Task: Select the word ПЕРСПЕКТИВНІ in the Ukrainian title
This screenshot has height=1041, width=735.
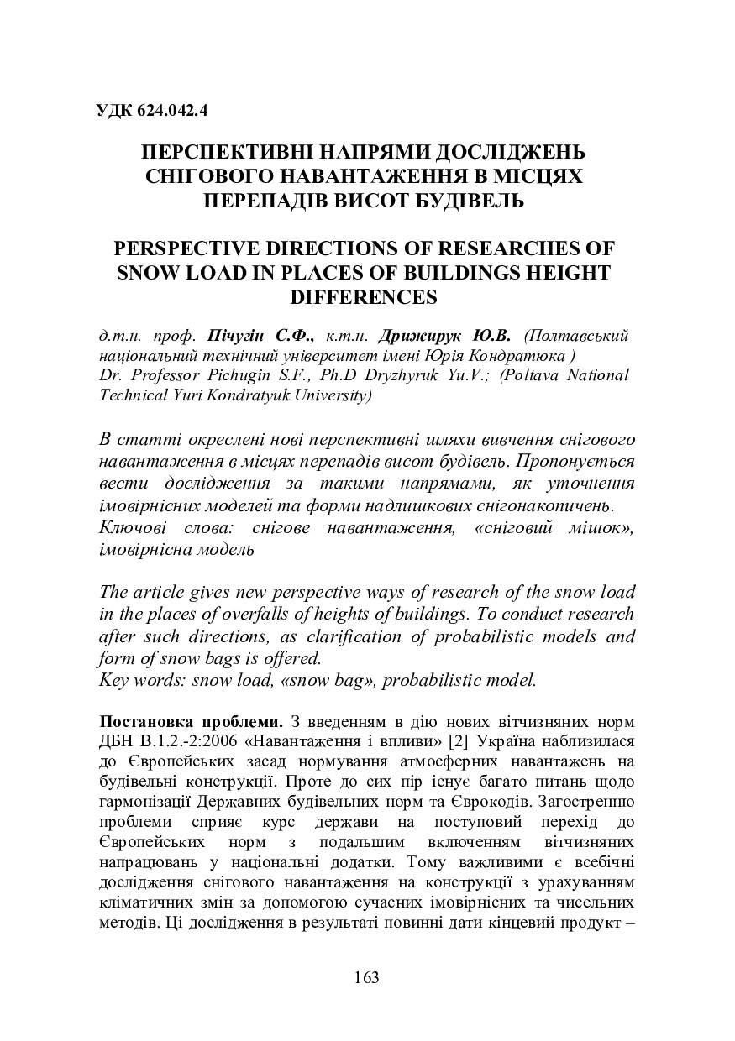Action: pos(222,154)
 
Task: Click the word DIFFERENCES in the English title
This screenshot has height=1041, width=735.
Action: pos(367,296)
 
